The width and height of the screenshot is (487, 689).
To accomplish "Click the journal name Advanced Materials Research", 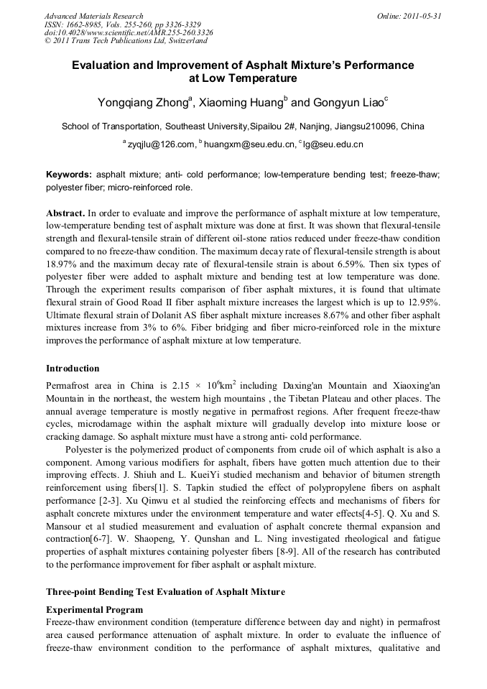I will tap(93, 16).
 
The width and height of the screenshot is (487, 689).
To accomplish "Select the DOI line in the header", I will tap(128, 33).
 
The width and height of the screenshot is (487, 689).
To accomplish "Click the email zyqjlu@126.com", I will tap(161, 144).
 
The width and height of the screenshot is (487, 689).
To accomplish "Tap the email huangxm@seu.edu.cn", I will tap(249, 144).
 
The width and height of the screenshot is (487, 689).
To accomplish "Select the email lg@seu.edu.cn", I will tap(333, 144).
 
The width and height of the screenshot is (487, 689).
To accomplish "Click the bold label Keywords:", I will tap(69, 175).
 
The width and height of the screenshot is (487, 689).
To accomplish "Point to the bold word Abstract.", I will tap(65, 214).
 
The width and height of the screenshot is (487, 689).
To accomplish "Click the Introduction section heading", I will tap(73, 369).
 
